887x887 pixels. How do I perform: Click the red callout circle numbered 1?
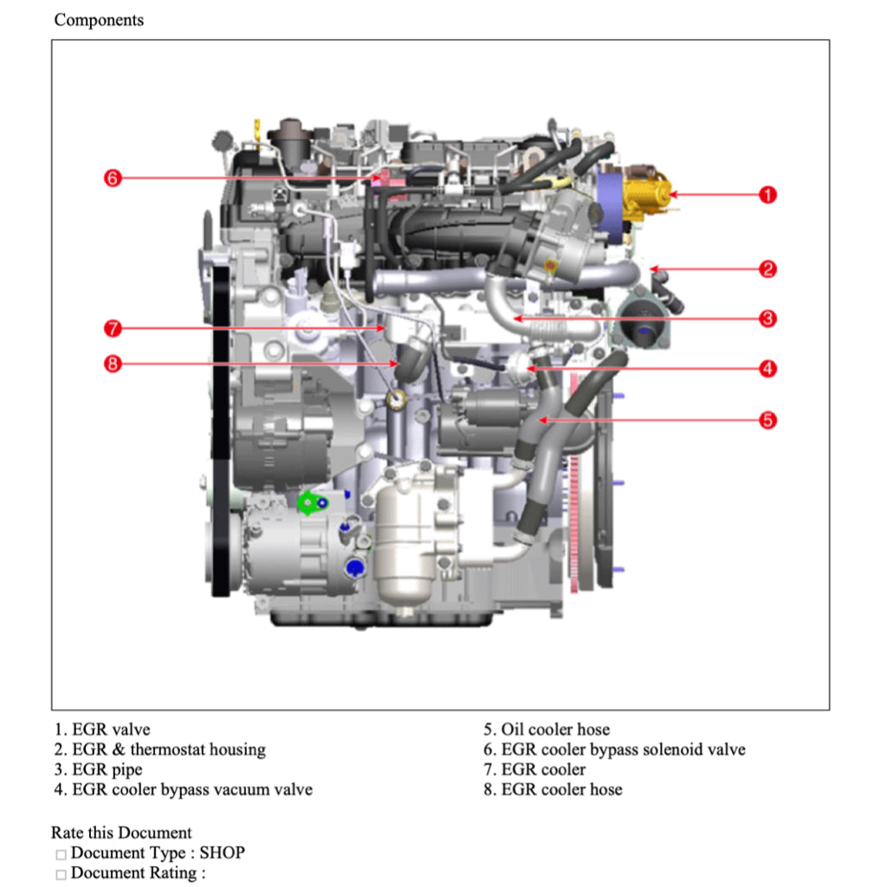tap(767, 195)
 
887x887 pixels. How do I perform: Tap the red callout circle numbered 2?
tap(767, 269)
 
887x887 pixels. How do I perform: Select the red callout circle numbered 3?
tap(767, 319)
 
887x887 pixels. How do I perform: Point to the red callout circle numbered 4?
tap(767, 369)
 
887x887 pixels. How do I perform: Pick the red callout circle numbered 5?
tap(767, 421)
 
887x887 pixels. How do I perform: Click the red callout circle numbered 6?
tap(112, 178)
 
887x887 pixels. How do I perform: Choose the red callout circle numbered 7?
tap(112, 329)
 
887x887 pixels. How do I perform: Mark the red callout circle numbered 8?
tap(112, 364)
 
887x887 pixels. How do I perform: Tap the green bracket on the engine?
tap(309, 502)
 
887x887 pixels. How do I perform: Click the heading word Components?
tap(99, 20)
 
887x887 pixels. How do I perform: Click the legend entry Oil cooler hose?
tap(554, 729)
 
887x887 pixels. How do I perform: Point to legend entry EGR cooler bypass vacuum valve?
tap(191, 789)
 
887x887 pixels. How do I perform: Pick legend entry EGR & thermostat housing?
tap(168, 749)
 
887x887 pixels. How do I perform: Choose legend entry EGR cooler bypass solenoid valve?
tap(622, 749)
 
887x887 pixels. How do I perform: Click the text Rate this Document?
tap(121, 833)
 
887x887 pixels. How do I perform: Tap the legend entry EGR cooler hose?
tap(560, 789)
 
